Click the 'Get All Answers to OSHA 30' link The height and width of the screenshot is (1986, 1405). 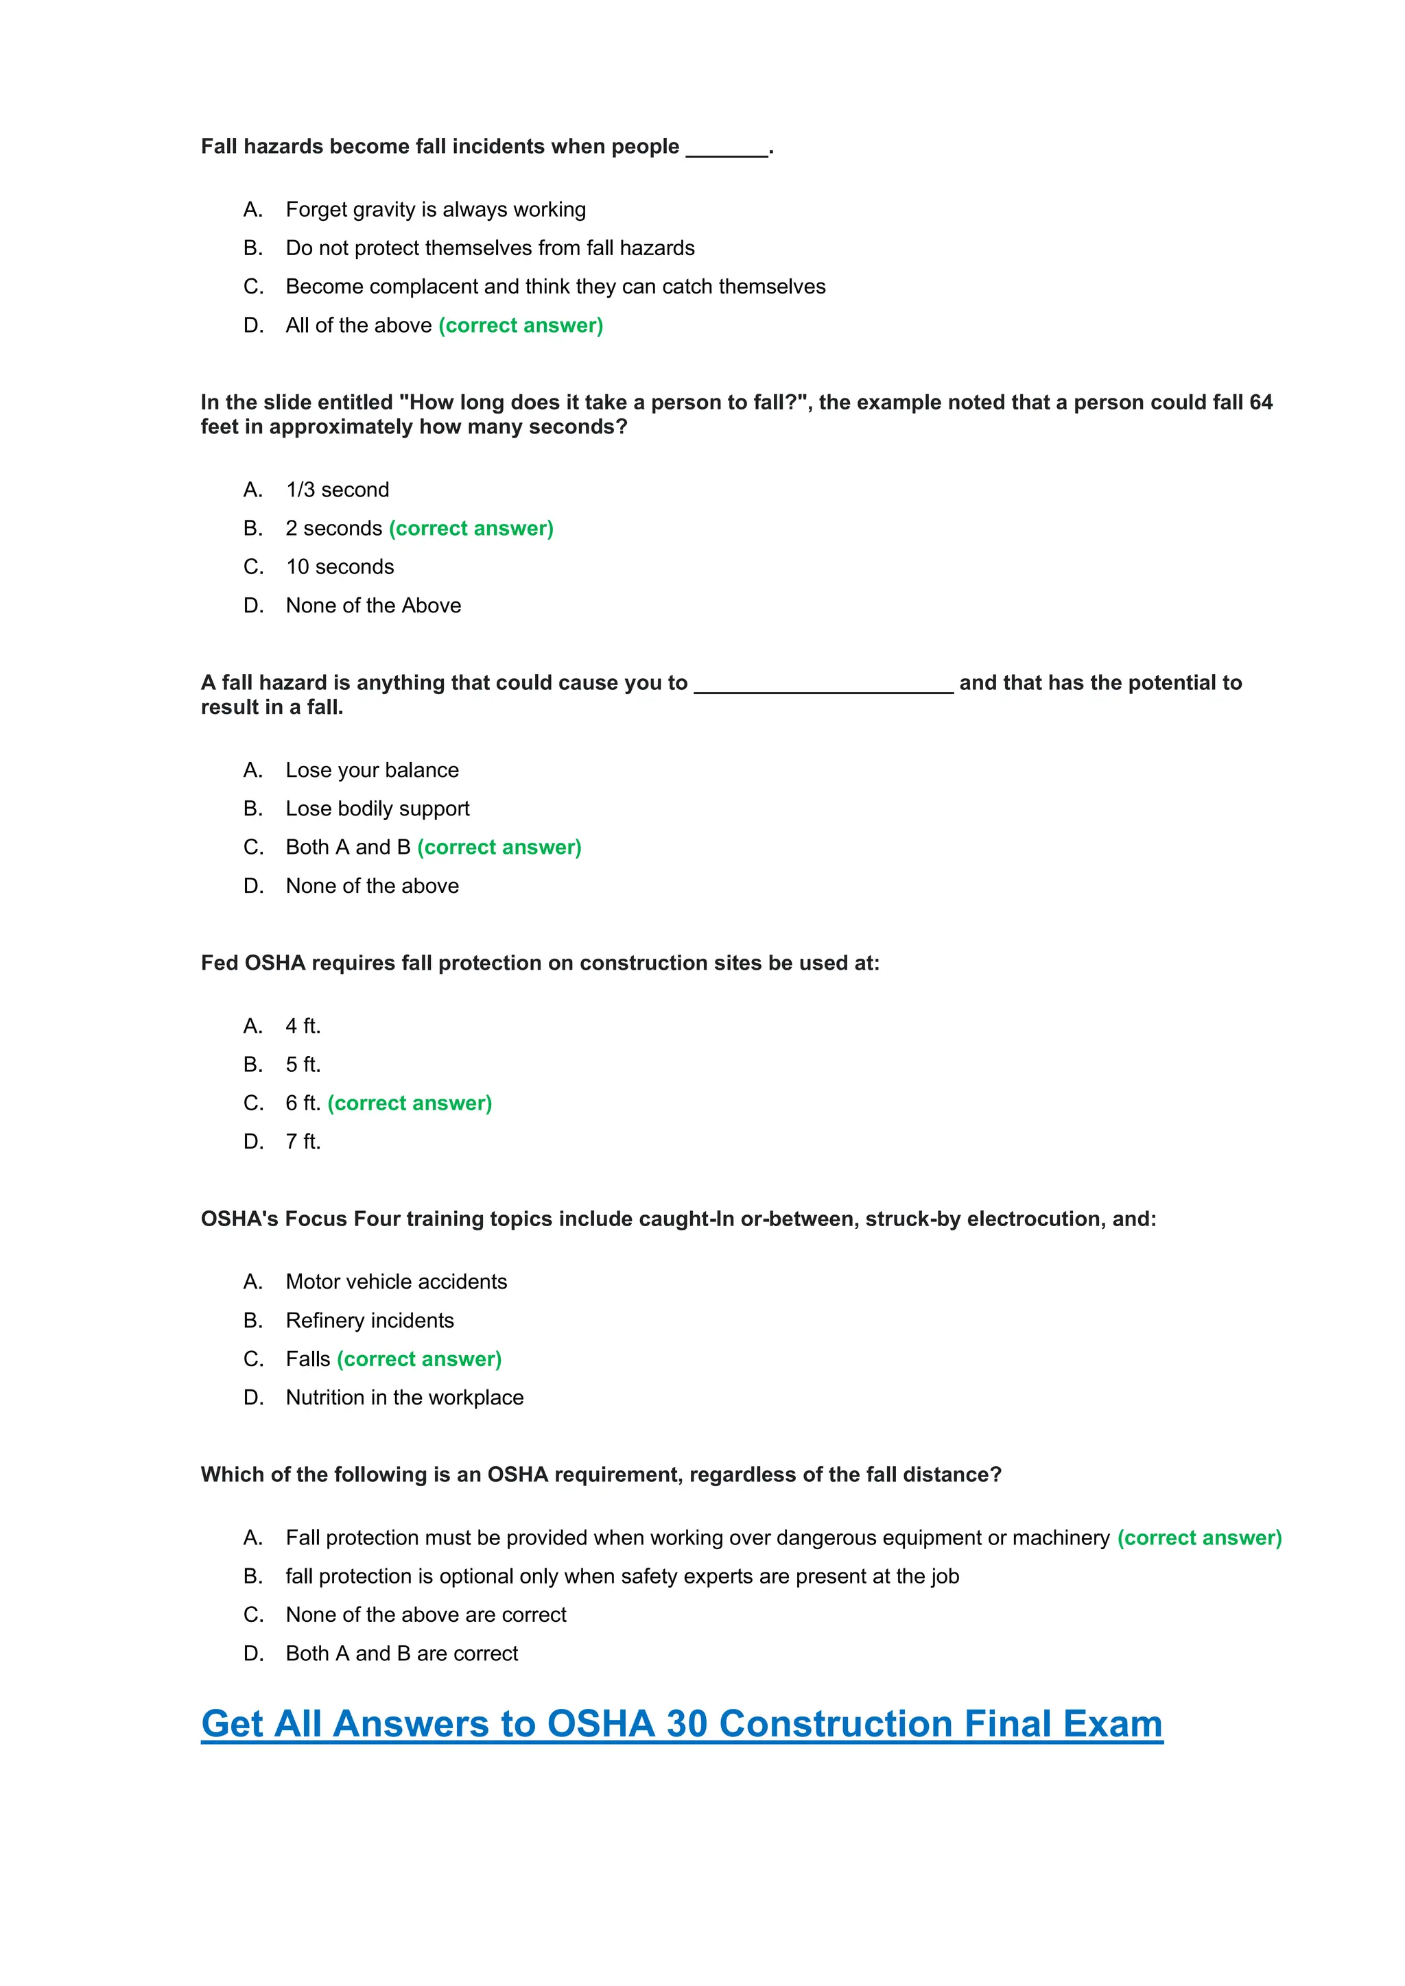click(x=682, y=1723)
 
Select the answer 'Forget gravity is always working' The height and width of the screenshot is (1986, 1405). click(x=435, y=209)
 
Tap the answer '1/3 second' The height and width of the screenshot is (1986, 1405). click(x=338, y=490)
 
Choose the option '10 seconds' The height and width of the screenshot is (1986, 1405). click(x=340, y=566)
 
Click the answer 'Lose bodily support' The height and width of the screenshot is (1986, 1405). click(x=377, y=809)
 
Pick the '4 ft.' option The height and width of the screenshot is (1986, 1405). click(x=303, y=1026)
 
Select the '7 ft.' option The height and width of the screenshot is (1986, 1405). click(x=303, y=1142)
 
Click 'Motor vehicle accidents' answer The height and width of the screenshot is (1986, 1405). click(x=397, y=1282)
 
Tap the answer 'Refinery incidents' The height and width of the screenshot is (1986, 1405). click(x=369, y=1321)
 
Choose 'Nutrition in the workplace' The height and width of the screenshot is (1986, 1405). click(x=404, y=1398)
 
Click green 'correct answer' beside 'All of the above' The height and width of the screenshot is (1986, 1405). click(x=521, y=325)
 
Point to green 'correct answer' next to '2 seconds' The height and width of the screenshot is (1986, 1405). click(x=471, y=529)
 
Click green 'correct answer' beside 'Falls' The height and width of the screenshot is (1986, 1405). click(x=420, y=1359)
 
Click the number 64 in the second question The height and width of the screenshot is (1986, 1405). click(x=1260, y=403)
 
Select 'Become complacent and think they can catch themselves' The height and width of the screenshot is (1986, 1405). click(x=556, y=286)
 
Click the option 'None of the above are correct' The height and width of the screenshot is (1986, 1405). click(x=425, y=1615)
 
